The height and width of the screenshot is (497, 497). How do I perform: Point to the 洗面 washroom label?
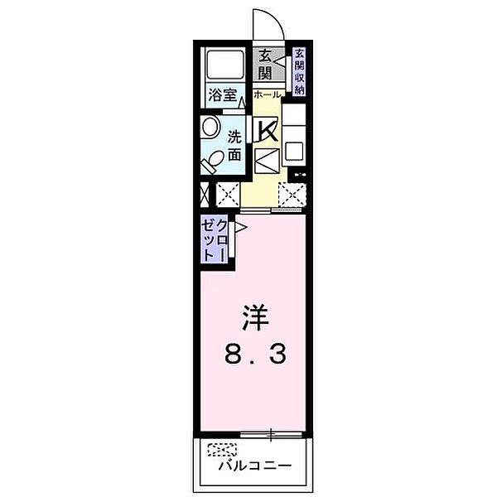click(235, 145)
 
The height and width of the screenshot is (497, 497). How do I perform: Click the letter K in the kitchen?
click(267, 130)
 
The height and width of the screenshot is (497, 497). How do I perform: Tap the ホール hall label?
click(268, 95)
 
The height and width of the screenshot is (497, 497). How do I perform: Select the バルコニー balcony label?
click(255, 466)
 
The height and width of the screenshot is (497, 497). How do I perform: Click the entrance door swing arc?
click(267, 23)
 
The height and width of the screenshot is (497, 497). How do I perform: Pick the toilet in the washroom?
click(213, 157)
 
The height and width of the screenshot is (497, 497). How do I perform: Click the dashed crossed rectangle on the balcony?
click(220, 451)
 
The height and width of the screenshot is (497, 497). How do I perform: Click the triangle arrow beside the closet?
click(240, 226)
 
